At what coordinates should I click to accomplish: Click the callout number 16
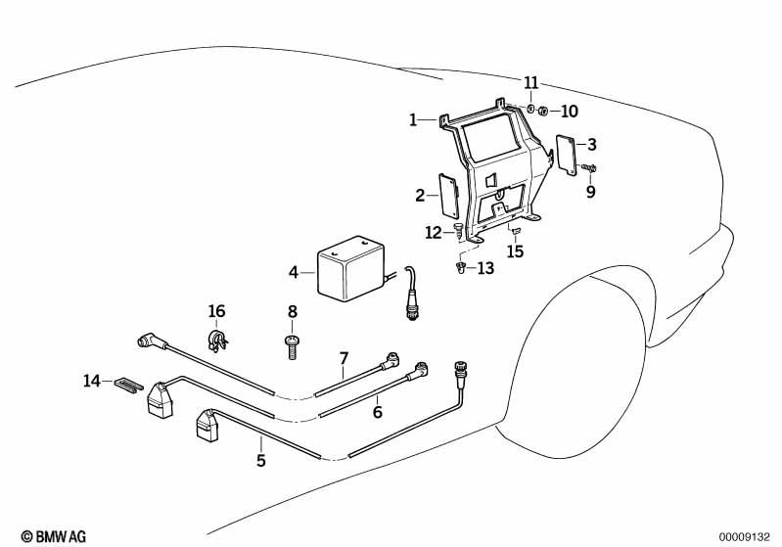(x=216, y=311)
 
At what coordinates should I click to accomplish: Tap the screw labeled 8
(x=292, y=347)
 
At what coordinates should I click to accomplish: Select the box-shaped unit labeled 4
(x=351, y=269)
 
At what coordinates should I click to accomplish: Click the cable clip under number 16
(x=217, y=340)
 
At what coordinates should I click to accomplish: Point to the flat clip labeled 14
(x=128, y=385)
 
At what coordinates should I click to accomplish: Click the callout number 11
(x=531, y=82)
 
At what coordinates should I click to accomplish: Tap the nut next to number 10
(x=543, y=111)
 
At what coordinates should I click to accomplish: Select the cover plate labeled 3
(x=567, y=155)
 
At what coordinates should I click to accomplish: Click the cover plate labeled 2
(x=449, y=196)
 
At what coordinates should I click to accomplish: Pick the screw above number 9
(x=588, y=169)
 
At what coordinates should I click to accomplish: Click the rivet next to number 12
(x=458, y=231)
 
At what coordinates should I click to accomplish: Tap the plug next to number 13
(x=460, y=269)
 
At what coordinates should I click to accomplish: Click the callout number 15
(x=515, y=251)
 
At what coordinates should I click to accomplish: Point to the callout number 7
(x=344, y=358)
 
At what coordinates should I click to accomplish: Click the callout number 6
(x=378, y=412)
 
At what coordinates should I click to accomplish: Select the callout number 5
(x=261, y=460)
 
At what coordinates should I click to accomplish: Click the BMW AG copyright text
(x=54, y=536)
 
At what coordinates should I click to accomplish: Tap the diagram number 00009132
(x=745, y=537)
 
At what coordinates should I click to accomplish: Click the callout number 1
(x=413, y=119)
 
